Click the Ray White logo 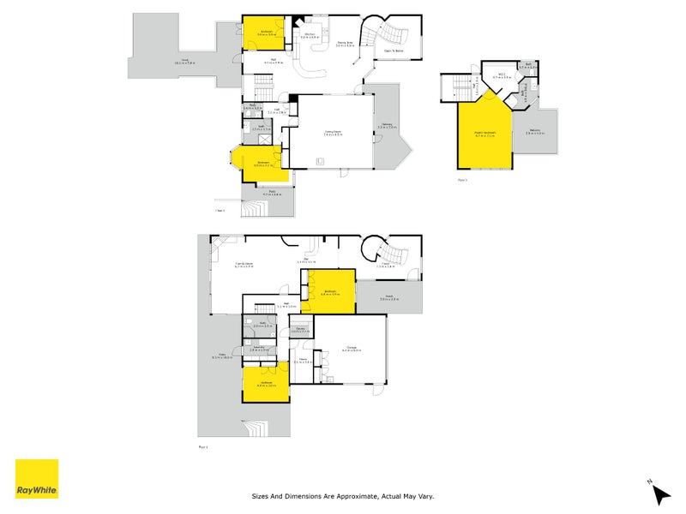pos(37,479)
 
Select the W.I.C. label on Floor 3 pos(507,75)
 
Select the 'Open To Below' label pos(394,51)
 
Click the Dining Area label pos(346,43)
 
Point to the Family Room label pos(244,265)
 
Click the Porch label pos(388,297)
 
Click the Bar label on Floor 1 pos(306,260)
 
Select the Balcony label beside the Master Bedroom pos(535,131)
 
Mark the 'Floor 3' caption pos(461,180)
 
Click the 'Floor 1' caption pos(203,446)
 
